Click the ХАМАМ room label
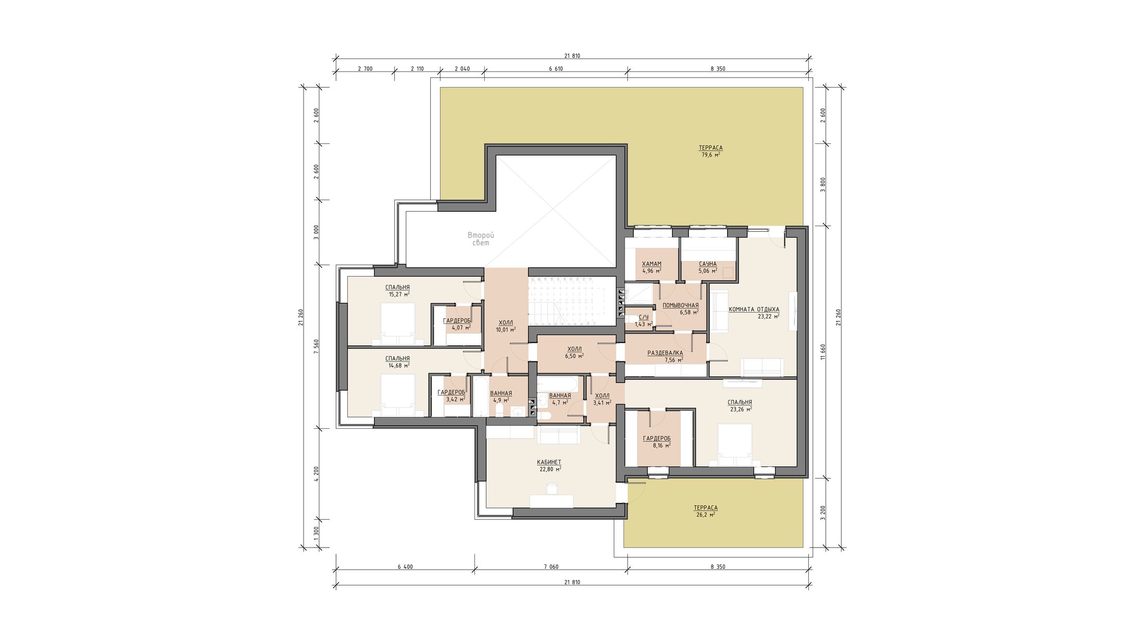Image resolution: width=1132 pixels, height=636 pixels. pyautogui.click(x=651, y=264)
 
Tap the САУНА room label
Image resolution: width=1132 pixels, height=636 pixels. pyautogui.click(x=707, y=264)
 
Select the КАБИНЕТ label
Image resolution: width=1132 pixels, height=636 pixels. pyautogui.click(x=549, y=462)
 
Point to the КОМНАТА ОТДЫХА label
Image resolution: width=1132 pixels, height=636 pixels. pyautogui.click(x=754, y=310)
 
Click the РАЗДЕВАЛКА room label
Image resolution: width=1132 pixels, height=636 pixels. pyautogui.click(x=665, y=353)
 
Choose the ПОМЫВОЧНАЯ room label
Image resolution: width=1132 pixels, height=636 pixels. pyautogui.click(x=680, y=305)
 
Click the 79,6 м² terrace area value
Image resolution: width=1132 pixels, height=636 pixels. pyautogui.click(x=711, y=154)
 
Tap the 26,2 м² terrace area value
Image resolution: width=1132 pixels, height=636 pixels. pyautogui.click(x=705, y=515)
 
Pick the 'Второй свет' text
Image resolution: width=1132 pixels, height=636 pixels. pyautogui.click(x=481, y=239)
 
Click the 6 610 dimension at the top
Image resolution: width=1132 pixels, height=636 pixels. pyautogui.click(x=556, y=68)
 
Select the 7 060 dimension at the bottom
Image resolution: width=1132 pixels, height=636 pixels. pyautogui.click(x=551, y=567)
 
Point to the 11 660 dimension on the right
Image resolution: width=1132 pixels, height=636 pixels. pyautogui.click(x=823, y=352)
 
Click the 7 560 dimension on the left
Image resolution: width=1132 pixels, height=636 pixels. pyautogui.click(x=316, y=347)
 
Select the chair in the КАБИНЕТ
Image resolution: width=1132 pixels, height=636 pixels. pyautogui.click(x=552, y=488)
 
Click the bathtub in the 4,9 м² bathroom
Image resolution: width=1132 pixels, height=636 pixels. pyautogui.click(x=481, y=396)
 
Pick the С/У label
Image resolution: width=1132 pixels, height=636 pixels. pyautogui.click(x=643, y=318)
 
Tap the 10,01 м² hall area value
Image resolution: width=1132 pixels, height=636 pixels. pyautogui.click(x=506, y=330)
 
